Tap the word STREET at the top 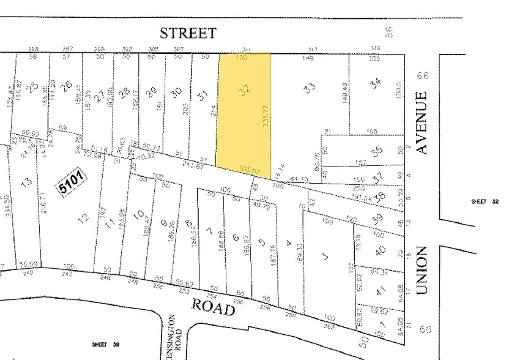[188, 33]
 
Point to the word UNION [421, 271]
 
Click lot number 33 [310, 88]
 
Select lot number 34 [376, 81]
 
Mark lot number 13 [26, 182]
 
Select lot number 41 [380, 291]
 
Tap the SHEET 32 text [485, 201]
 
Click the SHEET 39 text [105, 345]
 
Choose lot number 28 [125, 92]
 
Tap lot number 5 [262, 242]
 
